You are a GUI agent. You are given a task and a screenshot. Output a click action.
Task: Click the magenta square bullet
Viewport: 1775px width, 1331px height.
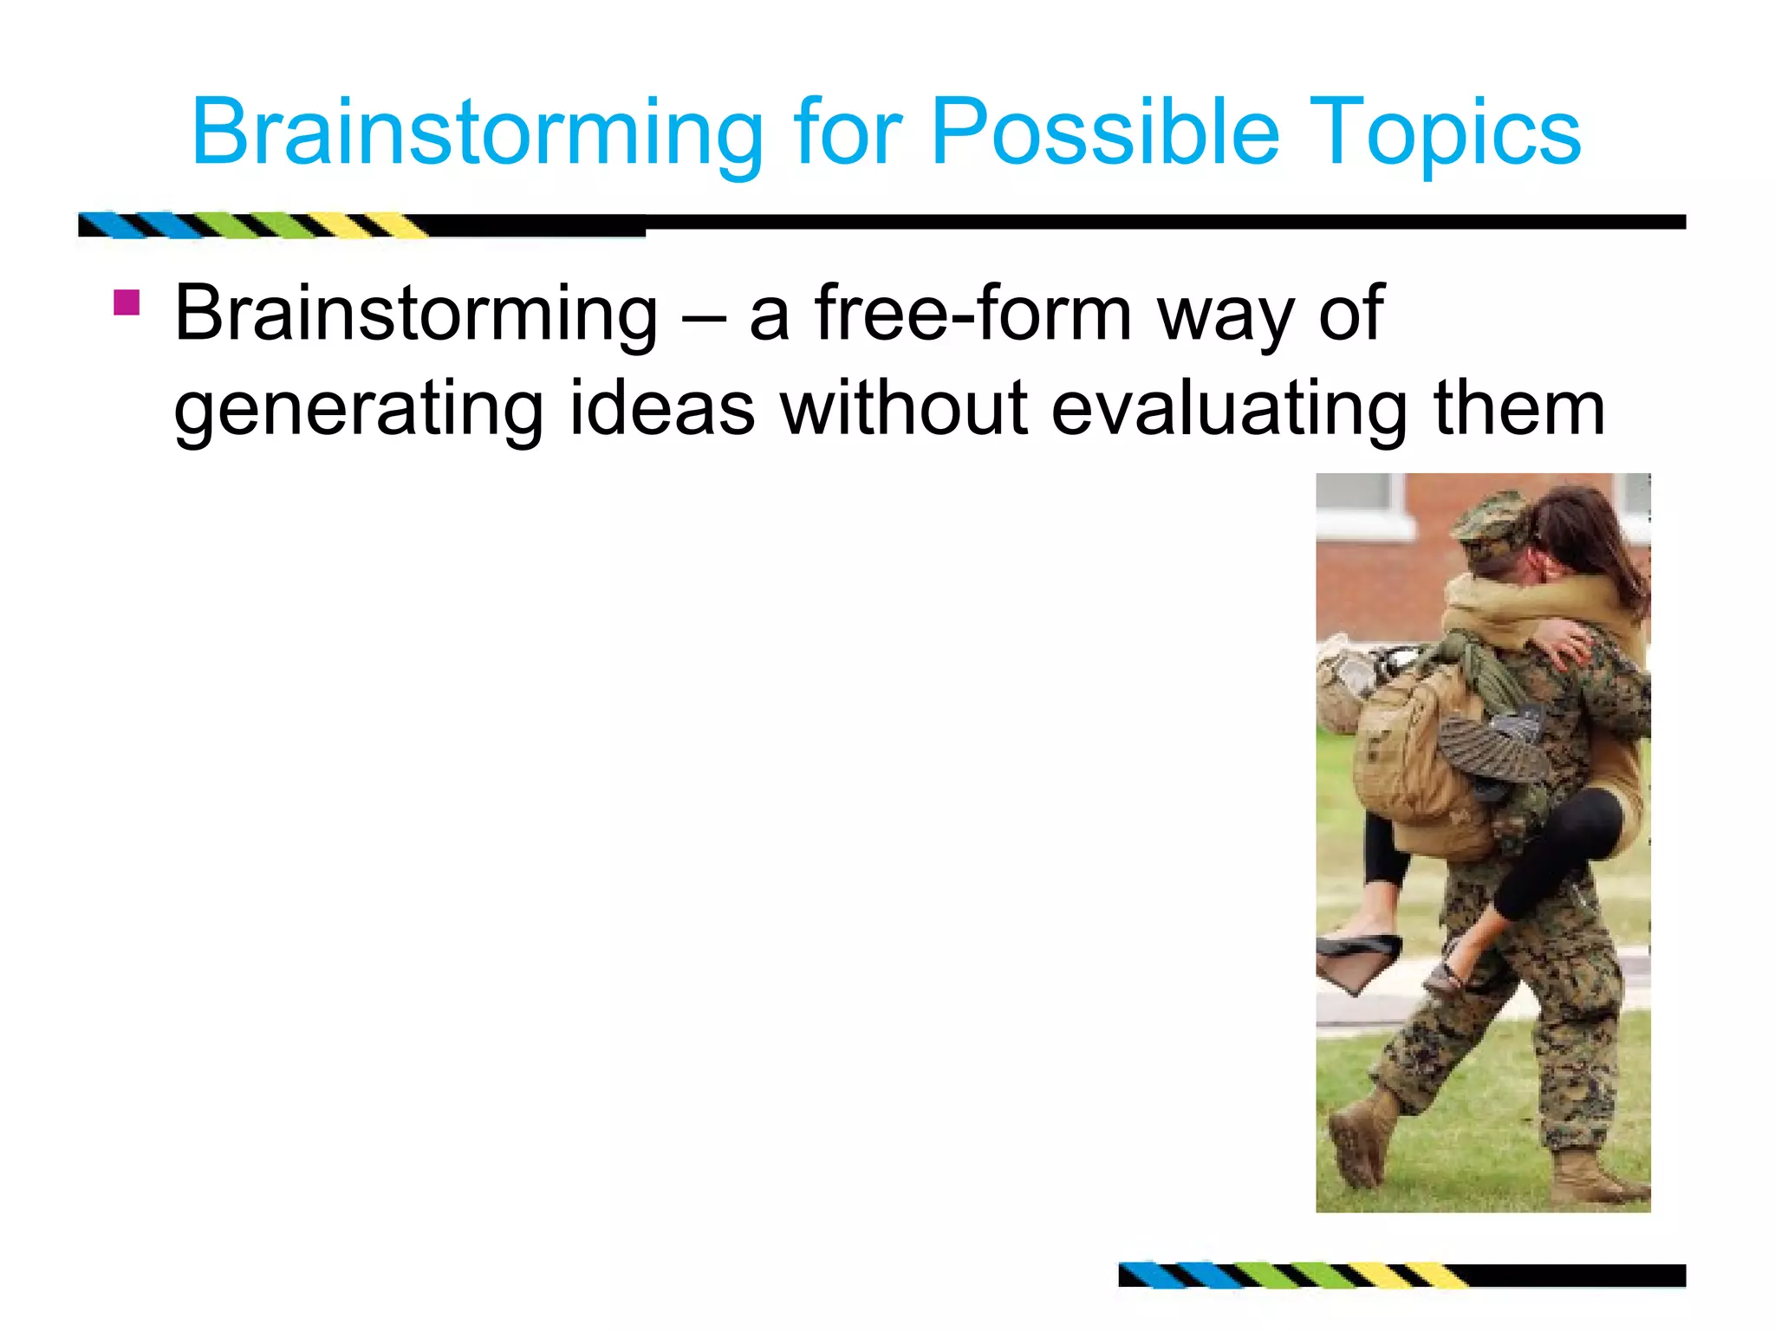point(127,302)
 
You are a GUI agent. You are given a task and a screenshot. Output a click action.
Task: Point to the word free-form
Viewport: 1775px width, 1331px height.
point(973,314)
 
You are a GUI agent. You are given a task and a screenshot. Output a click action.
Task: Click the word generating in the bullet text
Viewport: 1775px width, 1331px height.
point(358,409)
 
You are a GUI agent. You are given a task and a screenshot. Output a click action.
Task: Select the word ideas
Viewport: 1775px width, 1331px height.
point(661,409)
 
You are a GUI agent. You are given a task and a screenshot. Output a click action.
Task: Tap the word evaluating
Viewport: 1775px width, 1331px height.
point(1228,409)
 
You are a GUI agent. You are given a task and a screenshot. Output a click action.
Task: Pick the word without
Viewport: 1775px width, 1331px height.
point(904,409)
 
